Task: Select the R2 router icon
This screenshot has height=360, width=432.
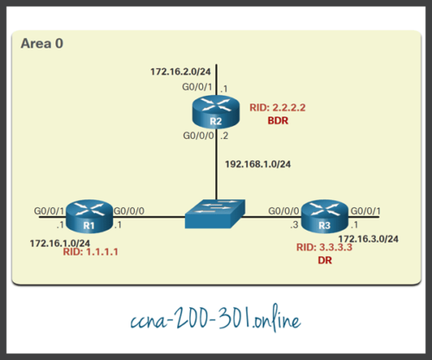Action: click(x=217, y=113)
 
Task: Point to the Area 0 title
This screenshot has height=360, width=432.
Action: click(x=41, y=42)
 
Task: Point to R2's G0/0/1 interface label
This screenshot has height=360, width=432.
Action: click(x=195, y=88)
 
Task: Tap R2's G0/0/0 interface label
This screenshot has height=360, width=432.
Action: click(x=195, y=136)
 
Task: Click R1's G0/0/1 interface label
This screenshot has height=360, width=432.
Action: click(x=48, y=210)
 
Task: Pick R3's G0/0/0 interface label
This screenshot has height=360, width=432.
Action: click(x=283, y=210)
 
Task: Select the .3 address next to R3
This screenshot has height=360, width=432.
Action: click(x=295, y=226)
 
